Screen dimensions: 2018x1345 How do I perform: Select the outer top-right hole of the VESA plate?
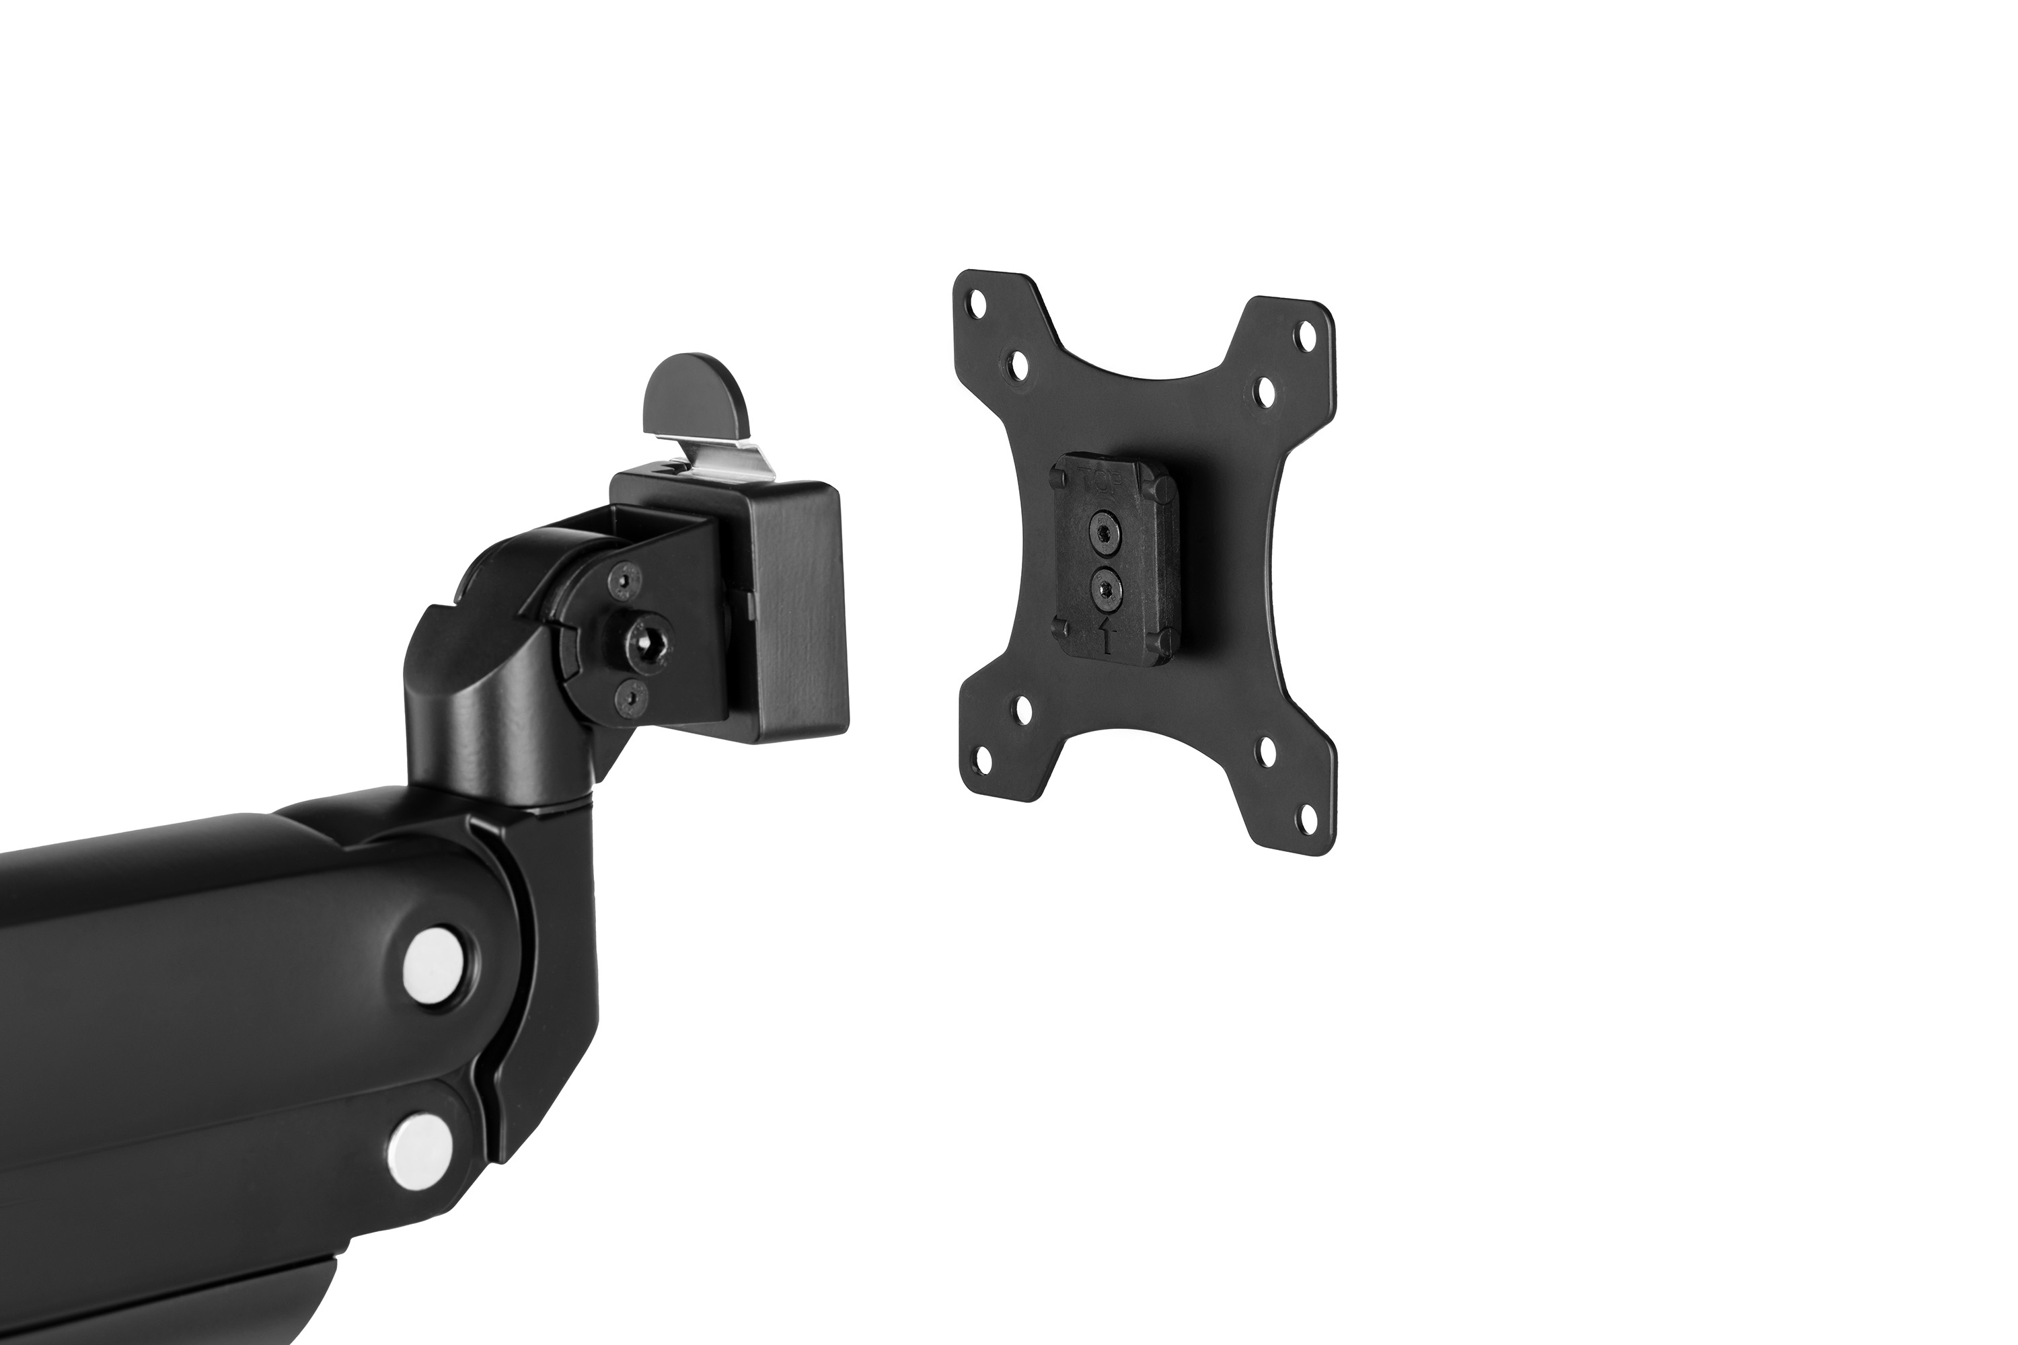[1309, 331]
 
